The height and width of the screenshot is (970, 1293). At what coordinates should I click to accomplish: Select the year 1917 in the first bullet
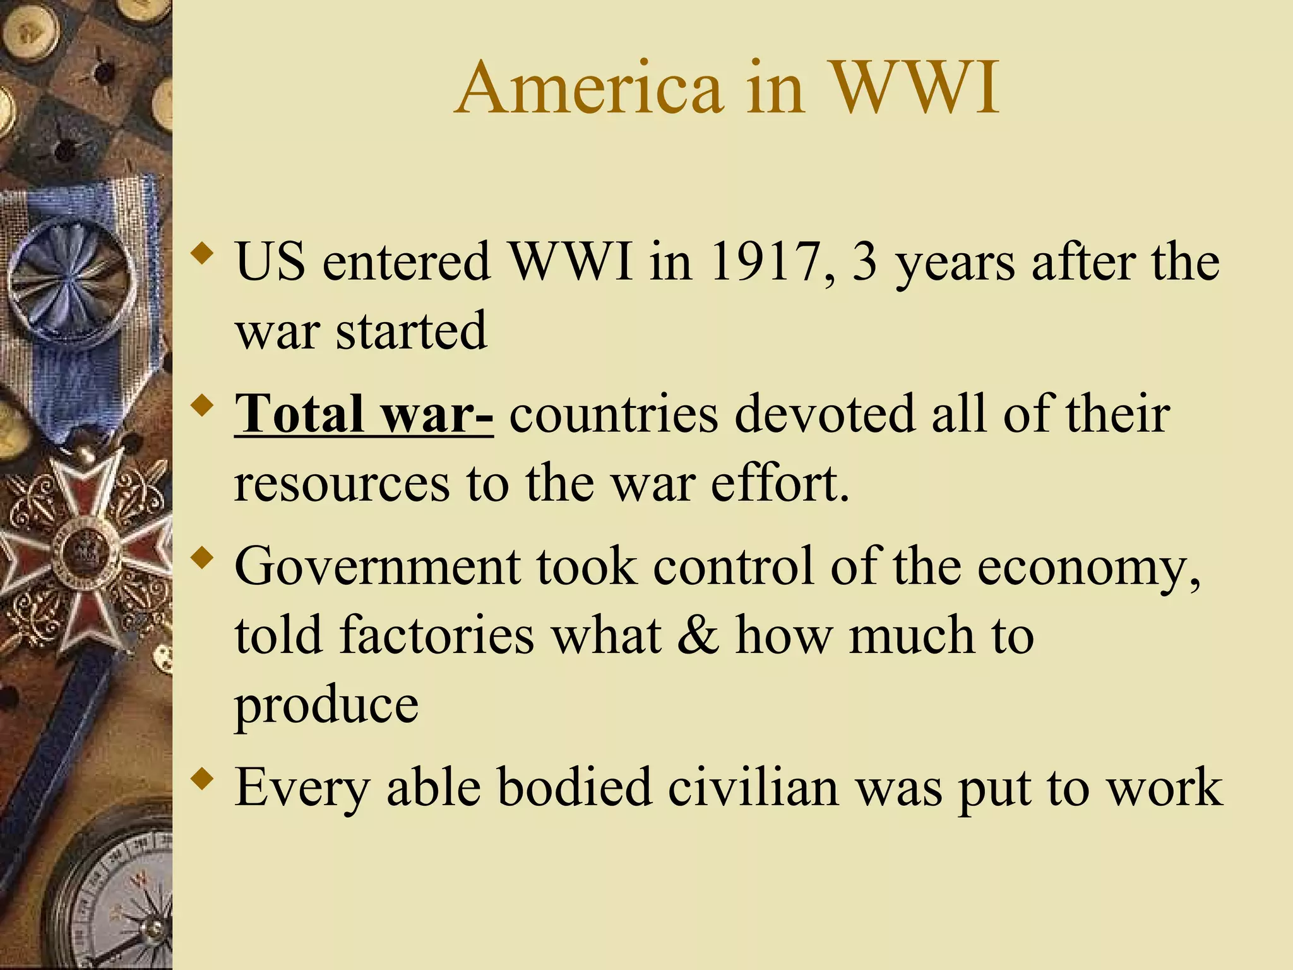click(x=767, y=261)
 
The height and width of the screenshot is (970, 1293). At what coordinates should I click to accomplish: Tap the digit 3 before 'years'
click(x=865, y=261)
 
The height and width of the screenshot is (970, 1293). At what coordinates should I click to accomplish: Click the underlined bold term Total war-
click(x=364, y=414)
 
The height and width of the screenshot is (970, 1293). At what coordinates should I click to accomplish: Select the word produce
click(x=326, y=706)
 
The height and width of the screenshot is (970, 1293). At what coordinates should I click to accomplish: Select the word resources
click(x=342, y=484)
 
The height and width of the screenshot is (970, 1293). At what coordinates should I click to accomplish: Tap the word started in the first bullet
click(x=411, y=331)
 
